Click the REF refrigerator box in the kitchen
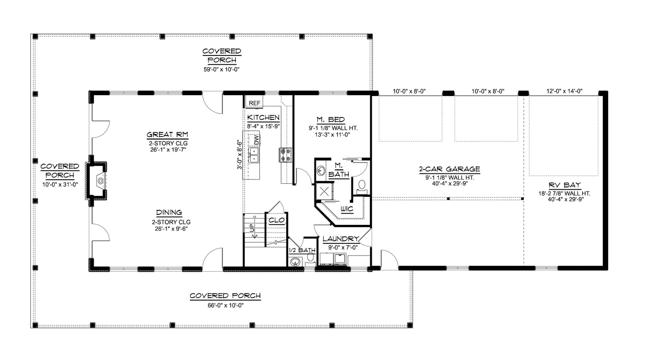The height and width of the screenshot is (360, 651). (255, 103)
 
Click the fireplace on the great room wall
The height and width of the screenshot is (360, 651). (99, 181)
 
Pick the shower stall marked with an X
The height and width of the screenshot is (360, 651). (323, 191)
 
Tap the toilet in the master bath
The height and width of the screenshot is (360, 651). (361, 185)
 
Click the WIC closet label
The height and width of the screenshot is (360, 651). (346, 209)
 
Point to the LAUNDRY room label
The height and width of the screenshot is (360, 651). (341, 239)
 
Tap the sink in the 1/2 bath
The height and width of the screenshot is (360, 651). (296, 261)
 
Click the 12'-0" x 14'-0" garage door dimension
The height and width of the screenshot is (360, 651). (564, 91)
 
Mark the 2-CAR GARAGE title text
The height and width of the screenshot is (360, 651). (449, 169)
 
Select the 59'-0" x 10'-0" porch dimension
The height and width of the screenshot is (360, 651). (222, 69)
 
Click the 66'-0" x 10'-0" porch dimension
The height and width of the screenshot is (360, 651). (225, 305)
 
